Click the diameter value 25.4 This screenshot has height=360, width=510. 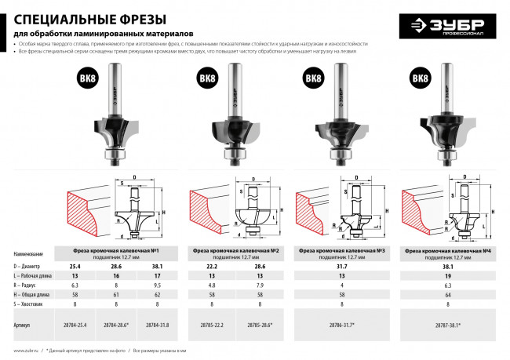click(x=75, y=267)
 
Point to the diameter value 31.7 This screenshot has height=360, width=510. click(x=341, y=267)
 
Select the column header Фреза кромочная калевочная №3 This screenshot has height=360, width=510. click(x=341, y=250)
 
